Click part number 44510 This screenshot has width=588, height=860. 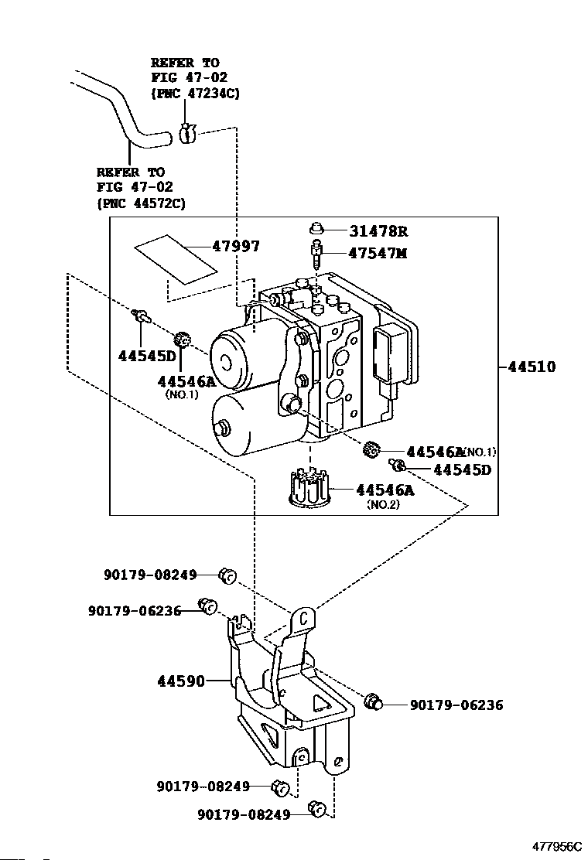[x=532, y=367]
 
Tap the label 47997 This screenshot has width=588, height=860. [x=236, y=246]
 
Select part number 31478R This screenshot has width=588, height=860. [x=378, y=231]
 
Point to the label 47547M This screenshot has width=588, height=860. [x=378, y=254]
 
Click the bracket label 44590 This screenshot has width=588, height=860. [x=181, y=681]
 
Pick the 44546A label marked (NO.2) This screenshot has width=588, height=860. [x=385, y=490]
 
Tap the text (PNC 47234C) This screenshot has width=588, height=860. [x=195, y=94]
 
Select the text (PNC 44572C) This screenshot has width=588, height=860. [x=141, y=203]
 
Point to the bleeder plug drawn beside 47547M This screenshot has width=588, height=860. [x=316, y=253]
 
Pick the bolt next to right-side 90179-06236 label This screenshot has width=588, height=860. [x=372, y=701]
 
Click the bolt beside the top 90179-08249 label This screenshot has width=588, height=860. [x=227, y=575]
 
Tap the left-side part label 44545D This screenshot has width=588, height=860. [x=148, y=356]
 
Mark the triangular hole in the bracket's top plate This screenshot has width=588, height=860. [x=321, y=703]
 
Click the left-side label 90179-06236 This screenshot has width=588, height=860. [x=135, y=610]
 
